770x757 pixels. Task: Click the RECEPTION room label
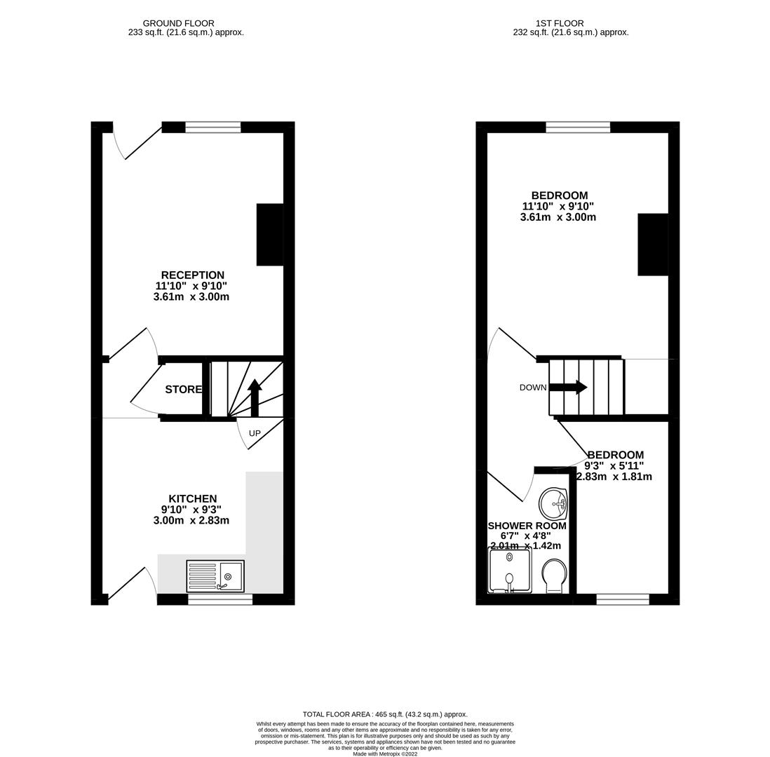point(192,275)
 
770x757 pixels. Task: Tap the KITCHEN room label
point(192,499)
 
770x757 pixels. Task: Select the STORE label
point(183,390)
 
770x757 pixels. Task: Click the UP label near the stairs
point(255,434)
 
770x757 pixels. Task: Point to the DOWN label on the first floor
point(533,388)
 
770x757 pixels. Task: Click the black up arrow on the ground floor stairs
point(255,397)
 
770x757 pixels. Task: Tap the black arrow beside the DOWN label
point(569,387)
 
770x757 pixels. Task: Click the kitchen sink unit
point(215,576)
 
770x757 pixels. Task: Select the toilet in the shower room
point(554,575)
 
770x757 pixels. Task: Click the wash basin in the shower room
point(553,503)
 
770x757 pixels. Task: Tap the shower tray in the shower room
point(509,569)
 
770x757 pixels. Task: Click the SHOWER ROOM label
point(527,526)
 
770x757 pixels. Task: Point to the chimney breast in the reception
point(270,235)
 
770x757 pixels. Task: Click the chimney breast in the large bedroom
point(652,245)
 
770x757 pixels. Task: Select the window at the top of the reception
point(213,127)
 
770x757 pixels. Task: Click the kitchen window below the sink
point(220,599)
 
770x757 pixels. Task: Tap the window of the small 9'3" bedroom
point(623,599)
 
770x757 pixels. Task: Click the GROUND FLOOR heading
point(179,23)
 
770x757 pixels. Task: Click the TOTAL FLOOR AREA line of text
point(385,714)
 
